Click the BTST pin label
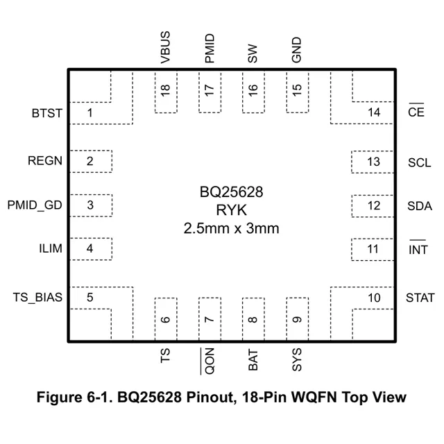46,112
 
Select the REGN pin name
45,161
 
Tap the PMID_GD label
35,205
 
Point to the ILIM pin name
50,248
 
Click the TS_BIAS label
37,297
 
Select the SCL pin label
420,162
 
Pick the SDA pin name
420,206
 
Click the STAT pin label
420,298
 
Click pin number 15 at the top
297,89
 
